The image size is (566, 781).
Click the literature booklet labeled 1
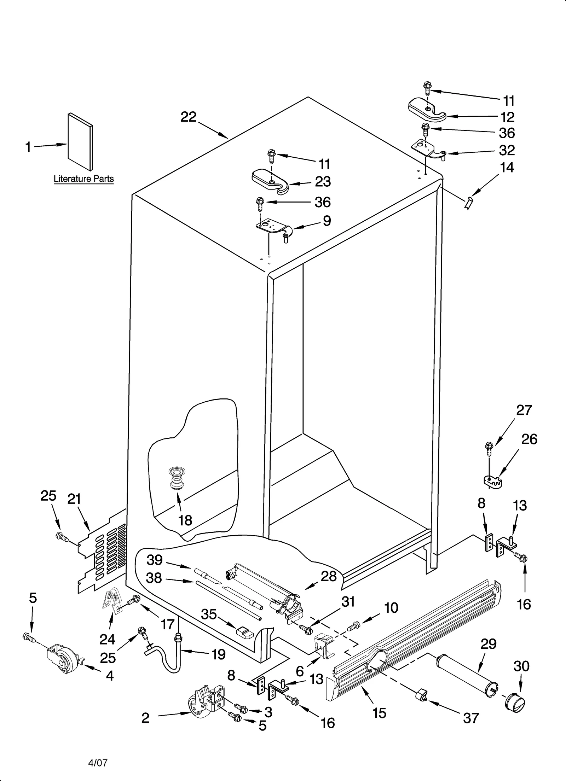(x=81, y=142)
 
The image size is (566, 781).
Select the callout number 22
(x=188, y=117)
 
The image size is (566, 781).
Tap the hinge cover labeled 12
(x=427, y=110)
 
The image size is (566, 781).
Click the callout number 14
(x=507, y=167)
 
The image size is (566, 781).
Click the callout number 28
(x=329, y=576)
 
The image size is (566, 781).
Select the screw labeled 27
(x=489, y=450)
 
